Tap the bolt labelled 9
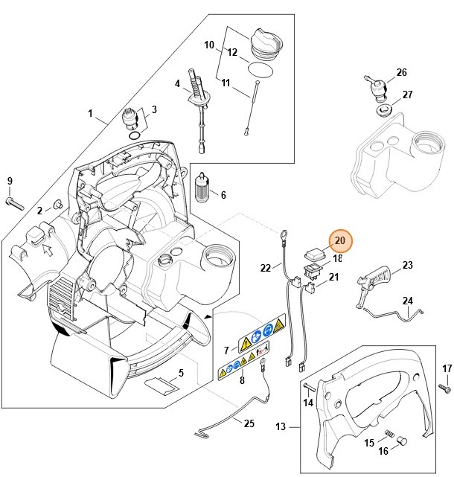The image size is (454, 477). pyautogui.click(x=16, y=201)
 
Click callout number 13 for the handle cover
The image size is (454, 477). pyautogui.click(x=281, y=427)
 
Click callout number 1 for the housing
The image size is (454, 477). pyautogui.click(x=91, y=114)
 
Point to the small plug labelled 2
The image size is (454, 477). pyautogui.click(x=57, y=205)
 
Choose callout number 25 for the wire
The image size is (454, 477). pyautogui.click(x=249, y=423)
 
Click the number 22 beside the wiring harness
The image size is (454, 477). pyautogui.click(x=266, y=267)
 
